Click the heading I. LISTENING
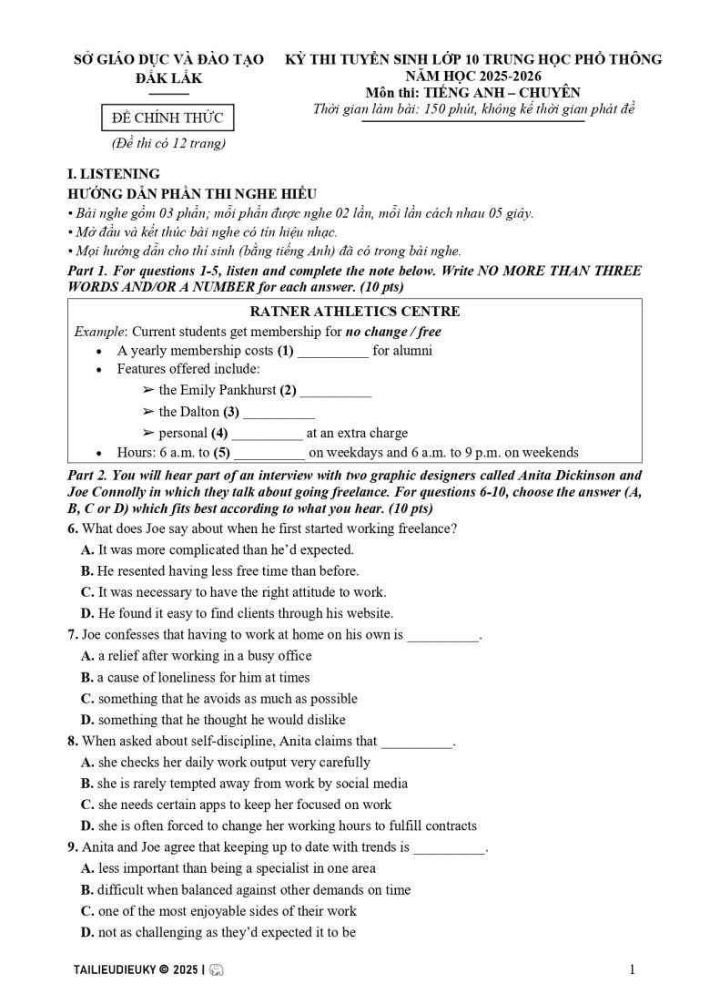tap(114, 174)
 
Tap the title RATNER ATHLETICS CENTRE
tap(354, 313)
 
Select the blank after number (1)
tap(333, 351)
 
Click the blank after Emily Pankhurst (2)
tap(335, 391)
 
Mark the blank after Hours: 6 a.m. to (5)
tap(269, 453)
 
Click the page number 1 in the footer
tap(632, 970)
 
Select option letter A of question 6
tap(87, 550)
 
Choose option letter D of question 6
tap(87, 613)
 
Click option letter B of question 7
tap(87, 677)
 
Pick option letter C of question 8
tap(87, 805)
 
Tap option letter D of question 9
tap(87, 932)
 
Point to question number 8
tap(73, 742)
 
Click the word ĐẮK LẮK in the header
tap(168, 78)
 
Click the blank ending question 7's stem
tap(441, 635)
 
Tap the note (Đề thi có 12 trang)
tap(169, 143)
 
